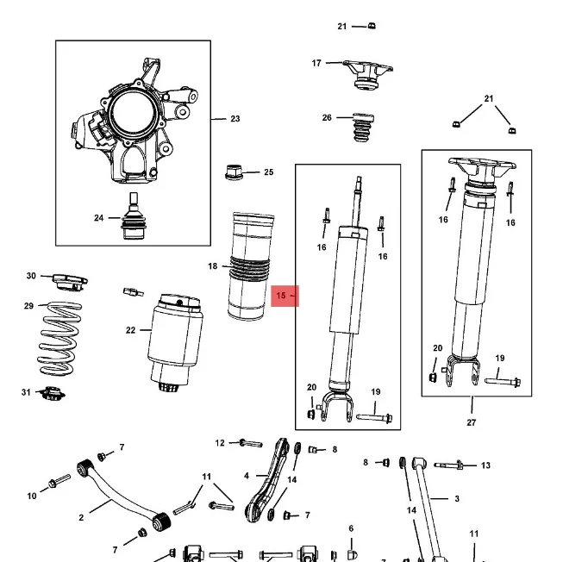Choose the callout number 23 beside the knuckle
click(x=235, y=119)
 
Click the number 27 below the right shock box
click(x=472, y=422)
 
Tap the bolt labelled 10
click(x=58, y=480)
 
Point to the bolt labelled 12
click(x=249, y=443)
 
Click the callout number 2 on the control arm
click(x=81, y=517)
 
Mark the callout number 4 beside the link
click(x=247, y=475)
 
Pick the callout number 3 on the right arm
click(x=457, y=498)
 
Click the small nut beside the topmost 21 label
click(x=372, y=25)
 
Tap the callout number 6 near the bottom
click(x=351, y=528)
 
